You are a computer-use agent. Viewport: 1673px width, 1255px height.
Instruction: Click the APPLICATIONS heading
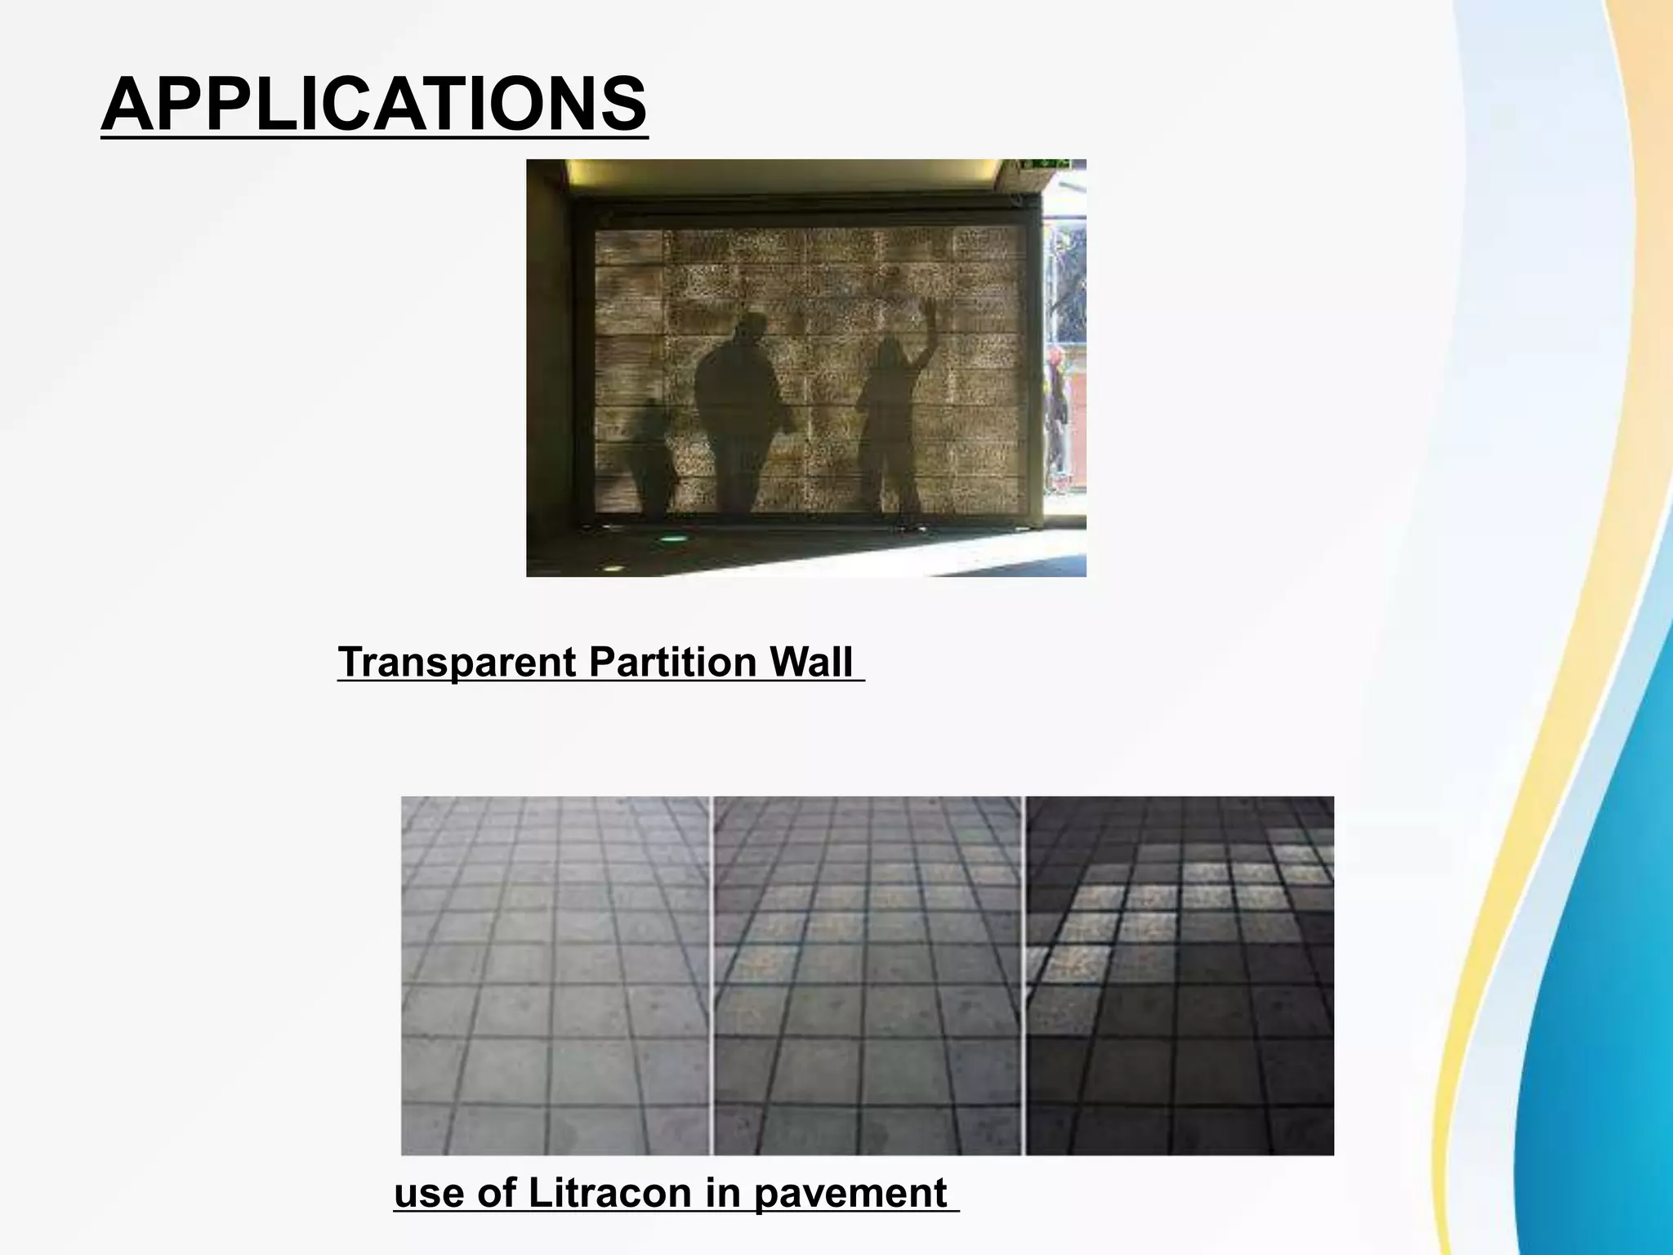click(373, 105)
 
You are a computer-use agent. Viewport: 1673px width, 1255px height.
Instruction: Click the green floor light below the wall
click(674, 538)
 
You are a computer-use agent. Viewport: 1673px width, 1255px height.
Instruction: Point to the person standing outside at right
click(1057, 417)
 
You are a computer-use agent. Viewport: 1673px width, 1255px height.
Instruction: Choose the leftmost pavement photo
click(555, 975)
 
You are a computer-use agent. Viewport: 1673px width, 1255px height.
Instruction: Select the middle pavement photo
click(868, 975)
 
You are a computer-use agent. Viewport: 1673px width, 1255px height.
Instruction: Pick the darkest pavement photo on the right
click(1180, 975)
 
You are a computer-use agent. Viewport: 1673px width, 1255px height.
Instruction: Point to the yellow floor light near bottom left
click(610, 566)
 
